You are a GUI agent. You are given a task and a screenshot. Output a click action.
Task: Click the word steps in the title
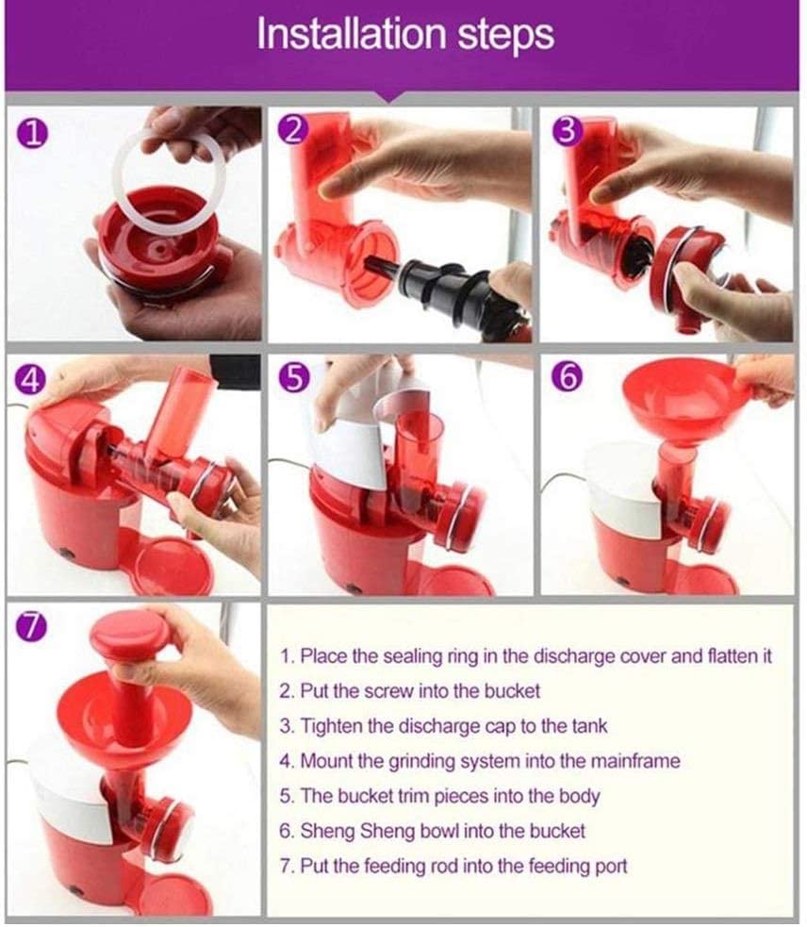505,37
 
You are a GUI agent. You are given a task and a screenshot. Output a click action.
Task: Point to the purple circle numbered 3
567,131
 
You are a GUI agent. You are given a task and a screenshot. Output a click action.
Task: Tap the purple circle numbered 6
567,376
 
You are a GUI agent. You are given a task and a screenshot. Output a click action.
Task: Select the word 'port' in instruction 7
611,867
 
